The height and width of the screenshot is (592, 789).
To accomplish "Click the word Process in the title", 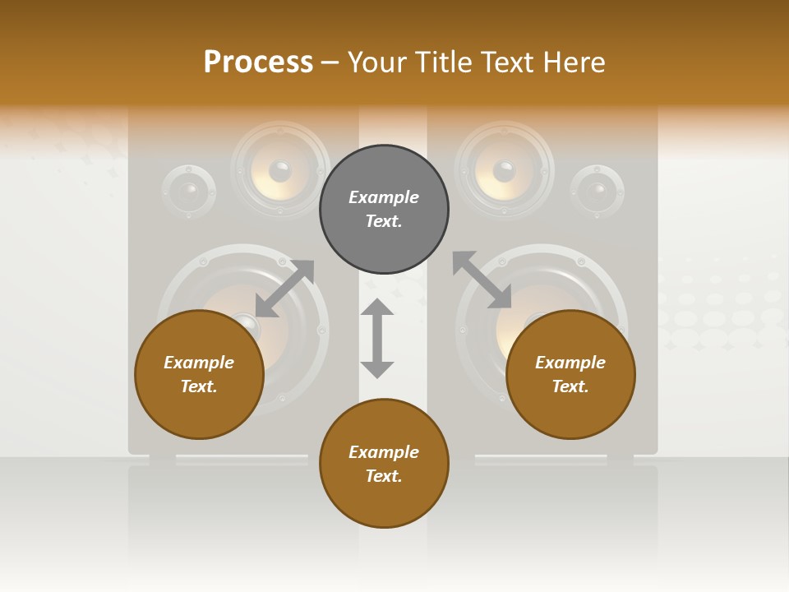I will click(258, 62).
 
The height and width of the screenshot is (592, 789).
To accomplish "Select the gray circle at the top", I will click(384, 210).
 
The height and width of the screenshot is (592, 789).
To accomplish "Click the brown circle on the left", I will click(199, 375).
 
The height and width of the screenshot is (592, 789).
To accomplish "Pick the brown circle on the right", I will click(570, 375).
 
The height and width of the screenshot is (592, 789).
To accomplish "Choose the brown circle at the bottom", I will click(384, 464).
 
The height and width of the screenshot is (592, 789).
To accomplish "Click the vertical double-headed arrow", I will click(377, 338).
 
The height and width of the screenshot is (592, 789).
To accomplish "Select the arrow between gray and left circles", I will click(284, 288).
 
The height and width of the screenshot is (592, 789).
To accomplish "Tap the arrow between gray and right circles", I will click(482, 280).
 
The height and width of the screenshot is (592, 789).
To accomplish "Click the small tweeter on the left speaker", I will click(189, 192).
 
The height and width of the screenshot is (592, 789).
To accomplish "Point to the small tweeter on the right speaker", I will click(598, 192).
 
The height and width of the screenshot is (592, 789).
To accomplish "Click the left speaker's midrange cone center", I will click(279, 171).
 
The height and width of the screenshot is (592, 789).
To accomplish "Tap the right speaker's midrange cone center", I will click(504, 171).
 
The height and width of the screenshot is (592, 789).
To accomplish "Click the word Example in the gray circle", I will click(384, 197).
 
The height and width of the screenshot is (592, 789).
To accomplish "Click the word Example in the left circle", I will click(199, 363).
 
